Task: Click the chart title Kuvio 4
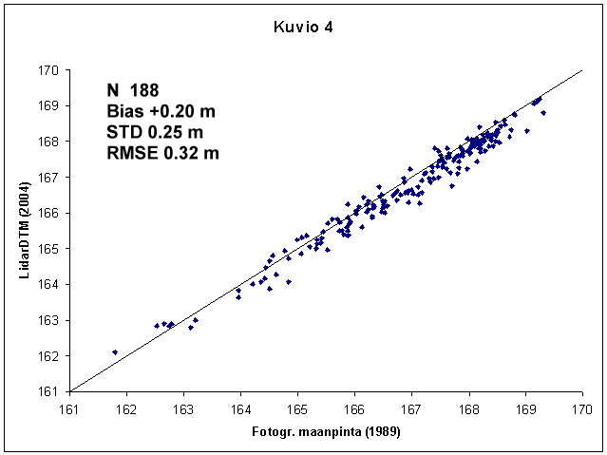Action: tap(302, 28)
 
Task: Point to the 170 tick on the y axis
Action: tap(49, 70)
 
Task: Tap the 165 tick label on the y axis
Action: tap(49, 249)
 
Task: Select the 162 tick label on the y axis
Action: tap(49, 355)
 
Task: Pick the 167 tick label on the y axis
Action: tap(49, 178)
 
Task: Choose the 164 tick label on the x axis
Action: tap(240, 409)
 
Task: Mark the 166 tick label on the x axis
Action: tap(354, 409)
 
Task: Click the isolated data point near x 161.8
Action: tap(115, 352)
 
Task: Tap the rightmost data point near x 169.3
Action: tap(543, 112)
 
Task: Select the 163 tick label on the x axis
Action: tap(183, 409)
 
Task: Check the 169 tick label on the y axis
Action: tap(49, 105)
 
